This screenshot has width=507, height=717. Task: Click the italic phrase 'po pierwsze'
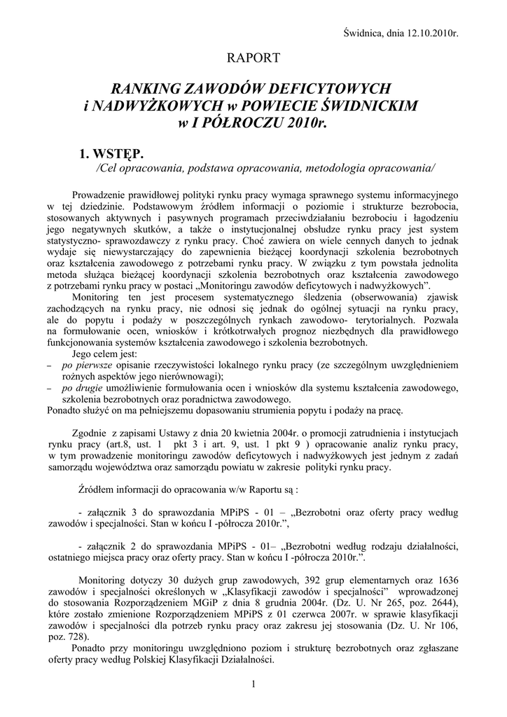click(88, 365)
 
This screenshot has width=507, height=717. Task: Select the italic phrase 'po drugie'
click(85, 388)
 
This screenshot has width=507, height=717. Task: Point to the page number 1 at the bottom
click(253, 684)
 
